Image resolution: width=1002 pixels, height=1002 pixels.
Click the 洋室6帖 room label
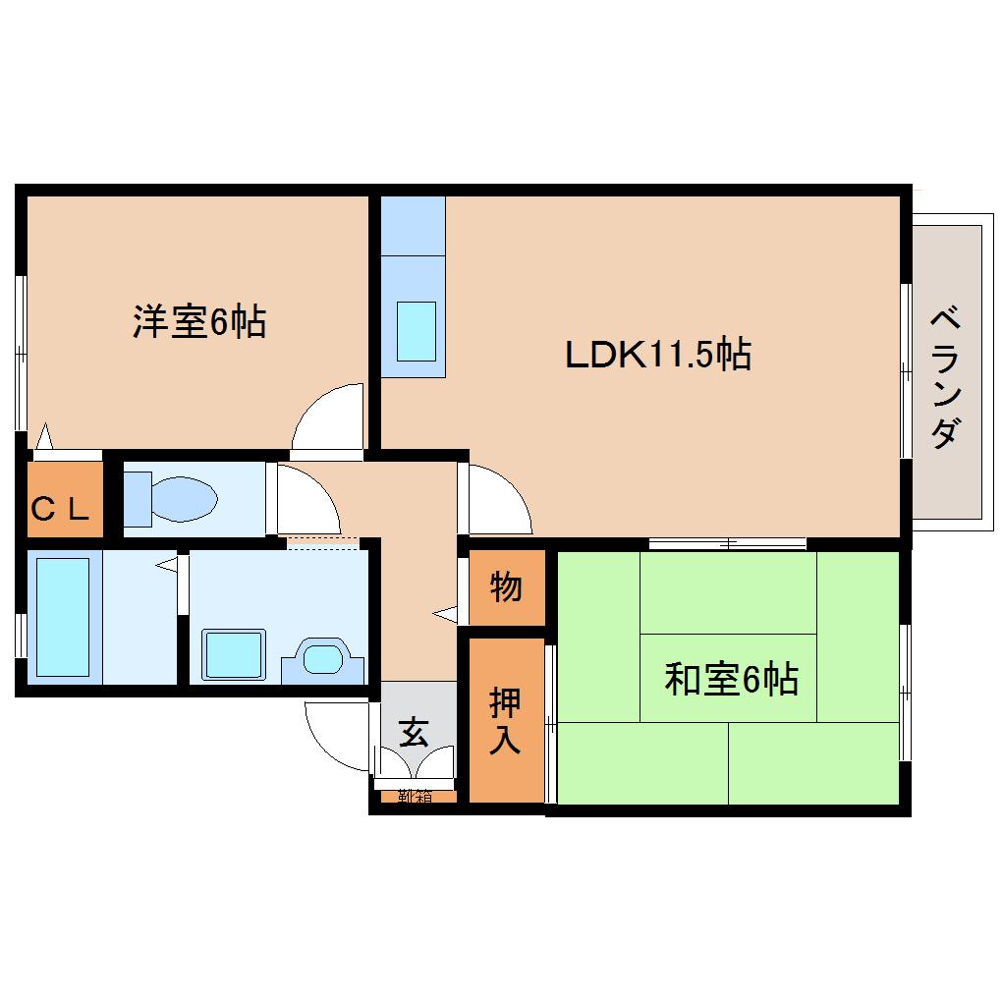pyautogui.click(x=199, y=321)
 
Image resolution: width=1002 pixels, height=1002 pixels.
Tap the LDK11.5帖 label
pyautogui.click(x=657, y=354)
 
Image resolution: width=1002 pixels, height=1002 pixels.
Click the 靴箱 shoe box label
pyautogui.click(x=415, y=797)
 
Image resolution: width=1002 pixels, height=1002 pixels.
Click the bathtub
pyautogui.click(x=64, y=617)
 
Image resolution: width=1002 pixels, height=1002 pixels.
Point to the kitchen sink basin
pyautogui.click(x=416, y=331)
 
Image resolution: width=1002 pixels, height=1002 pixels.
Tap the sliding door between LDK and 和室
pyautogui.click(x=727, y=543)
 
